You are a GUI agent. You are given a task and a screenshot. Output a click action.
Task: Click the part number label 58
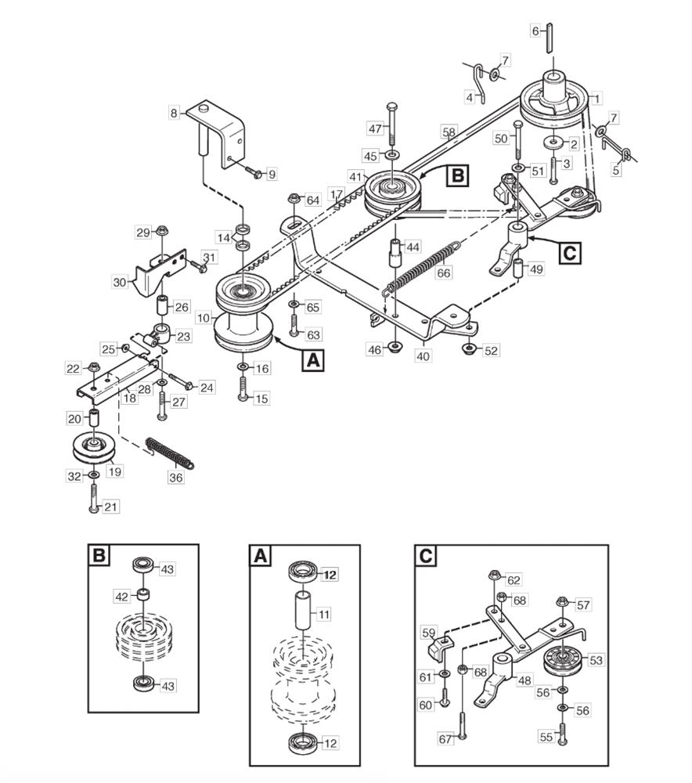click(449, 132)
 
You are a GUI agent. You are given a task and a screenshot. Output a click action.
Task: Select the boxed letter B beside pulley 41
click(457, 176)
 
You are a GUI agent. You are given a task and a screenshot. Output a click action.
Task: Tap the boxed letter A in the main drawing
click(313, 360)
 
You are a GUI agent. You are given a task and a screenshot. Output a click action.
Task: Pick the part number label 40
click(423, 356)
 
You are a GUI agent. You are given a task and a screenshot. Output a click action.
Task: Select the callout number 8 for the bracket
click(174, 114)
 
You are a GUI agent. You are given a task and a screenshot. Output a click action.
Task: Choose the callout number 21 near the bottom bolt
click(111, 507)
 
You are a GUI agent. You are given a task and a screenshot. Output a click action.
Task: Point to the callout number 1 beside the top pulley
click(596, 99)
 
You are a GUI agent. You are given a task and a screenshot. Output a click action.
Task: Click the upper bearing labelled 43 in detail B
click(145, 566)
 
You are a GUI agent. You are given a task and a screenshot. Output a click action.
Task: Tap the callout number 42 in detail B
click(122, 596)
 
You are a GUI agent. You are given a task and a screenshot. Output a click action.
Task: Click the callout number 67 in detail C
click(445, 738)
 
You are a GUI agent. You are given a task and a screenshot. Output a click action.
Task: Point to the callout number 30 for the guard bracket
click(120, 283)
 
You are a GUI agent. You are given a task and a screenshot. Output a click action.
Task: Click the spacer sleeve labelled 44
click(396, 253)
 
